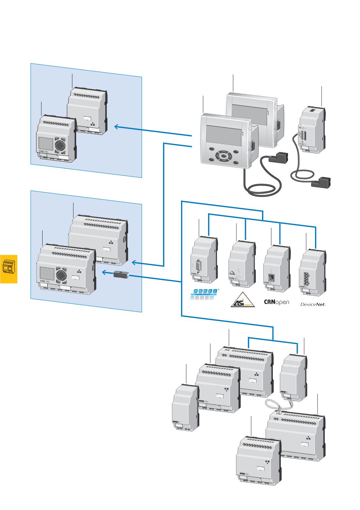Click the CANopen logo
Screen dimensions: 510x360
tap(276, 302)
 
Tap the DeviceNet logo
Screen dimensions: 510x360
tap(313, 304)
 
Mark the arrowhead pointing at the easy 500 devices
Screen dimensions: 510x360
tap(117, 127)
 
